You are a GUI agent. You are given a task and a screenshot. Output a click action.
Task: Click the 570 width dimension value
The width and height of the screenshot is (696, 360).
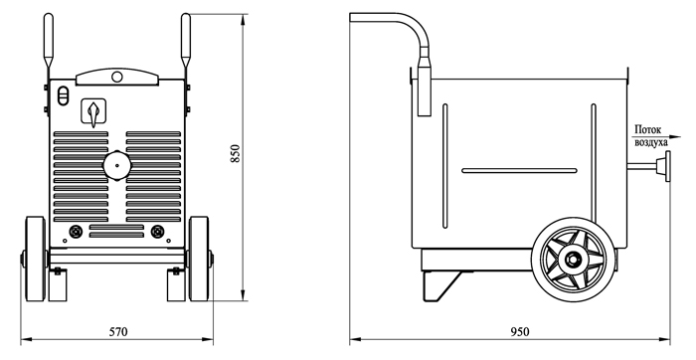click(118, 331)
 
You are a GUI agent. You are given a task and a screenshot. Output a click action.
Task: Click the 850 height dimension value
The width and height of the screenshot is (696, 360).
click(236, 153)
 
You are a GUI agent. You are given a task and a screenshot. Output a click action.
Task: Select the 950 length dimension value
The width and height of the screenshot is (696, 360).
click(520, 331)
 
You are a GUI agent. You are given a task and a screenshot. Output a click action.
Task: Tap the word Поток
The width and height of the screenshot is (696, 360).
click(647, 130)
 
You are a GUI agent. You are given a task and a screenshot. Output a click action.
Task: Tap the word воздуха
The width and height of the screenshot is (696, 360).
click(651, 142)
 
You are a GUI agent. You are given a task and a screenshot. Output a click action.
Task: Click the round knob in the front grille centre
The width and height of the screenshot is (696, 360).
click(117, 165)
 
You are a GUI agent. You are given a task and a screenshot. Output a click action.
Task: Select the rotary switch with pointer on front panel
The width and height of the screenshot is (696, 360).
click(93, 112)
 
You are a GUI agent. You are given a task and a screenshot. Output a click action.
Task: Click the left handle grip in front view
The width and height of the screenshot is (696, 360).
click(48, 41)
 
